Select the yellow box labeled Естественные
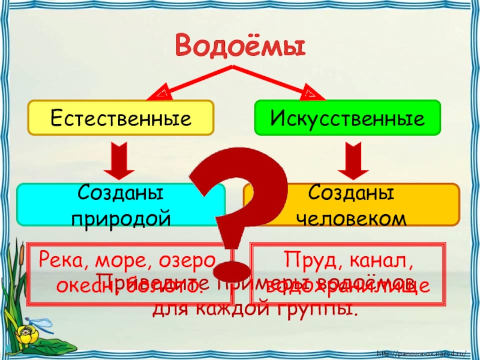pos(121,117)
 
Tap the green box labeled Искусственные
pos(348,117)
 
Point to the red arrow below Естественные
pos(121,160)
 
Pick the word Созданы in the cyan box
pos(121,194)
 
